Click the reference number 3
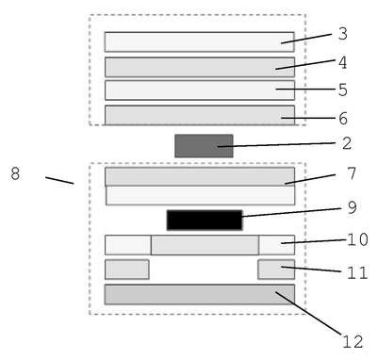coord(343,34)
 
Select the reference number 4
coord(343,63)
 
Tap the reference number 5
coord(343,90)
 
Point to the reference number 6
coord(343,119)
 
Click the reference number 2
coord(347,143)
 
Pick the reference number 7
coord(352,173)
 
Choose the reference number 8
coord(15,173)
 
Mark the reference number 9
coord(352,207)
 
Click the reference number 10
coord(357,239)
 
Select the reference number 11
coord(357,272)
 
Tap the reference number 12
coord(352,342)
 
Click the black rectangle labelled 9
coord(205,221)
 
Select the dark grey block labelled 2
coord(204,146)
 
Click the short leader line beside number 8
coord(59,180)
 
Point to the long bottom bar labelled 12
coord(200,295)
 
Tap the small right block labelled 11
coord(276,270)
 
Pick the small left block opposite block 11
coord(127,270)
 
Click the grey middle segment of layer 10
coord(205,245)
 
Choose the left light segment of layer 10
coord(128,245)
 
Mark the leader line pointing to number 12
coord(308,313)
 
